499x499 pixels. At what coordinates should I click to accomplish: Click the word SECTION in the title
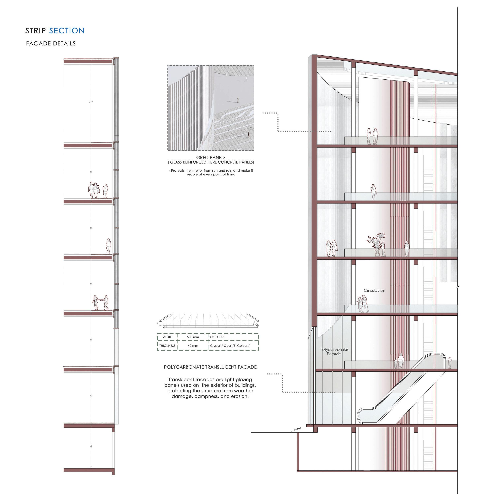coord(67,31)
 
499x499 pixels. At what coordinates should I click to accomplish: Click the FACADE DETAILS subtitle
coord(51,44)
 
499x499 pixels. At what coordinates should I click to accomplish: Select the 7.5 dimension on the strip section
coord(91,102)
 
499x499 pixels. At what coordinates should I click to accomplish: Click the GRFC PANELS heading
coord(211,157)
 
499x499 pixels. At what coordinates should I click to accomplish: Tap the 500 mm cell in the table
coord(193,337)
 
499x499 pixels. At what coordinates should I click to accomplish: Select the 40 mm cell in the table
coord(193,345)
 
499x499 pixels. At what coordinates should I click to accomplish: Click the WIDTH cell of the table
coord(167,337)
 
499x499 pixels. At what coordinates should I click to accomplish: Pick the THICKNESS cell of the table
coord(167,345)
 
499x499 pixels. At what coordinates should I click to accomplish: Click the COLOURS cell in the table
coord(218,337)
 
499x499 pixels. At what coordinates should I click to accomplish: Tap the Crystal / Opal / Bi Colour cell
coord(230,345)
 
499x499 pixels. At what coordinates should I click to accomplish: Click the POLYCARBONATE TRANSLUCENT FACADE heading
coord(210,367)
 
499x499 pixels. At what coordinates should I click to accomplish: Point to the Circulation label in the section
coord(374,290)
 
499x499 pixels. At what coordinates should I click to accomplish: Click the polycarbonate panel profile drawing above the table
coord(208,321)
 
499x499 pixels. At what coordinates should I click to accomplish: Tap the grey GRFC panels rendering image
coord(211,108)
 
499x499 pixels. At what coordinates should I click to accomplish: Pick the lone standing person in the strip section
coord(109,246)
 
